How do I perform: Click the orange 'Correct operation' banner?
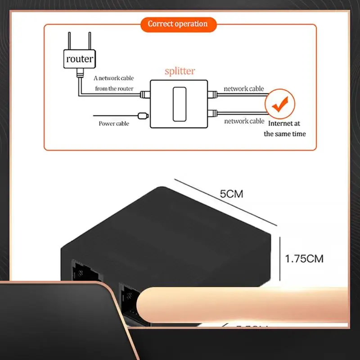point(177,24)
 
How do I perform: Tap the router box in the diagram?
point(80,58)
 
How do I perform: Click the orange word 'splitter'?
point(180,71)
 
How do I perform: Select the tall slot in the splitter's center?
point(180,103)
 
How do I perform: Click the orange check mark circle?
point(279,104)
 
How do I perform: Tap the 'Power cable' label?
point(114,123)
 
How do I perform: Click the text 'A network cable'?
point(114,78)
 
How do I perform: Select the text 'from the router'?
point(114,89)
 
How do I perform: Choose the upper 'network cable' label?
point(244,89)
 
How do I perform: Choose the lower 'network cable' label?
point(244,121)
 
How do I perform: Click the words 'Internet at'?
point(284,123)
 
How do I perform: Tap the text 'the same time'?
point(284,134)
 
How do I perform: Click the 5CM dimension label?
point(231,194)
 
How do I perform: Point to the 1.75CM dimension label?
point(304,259)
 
